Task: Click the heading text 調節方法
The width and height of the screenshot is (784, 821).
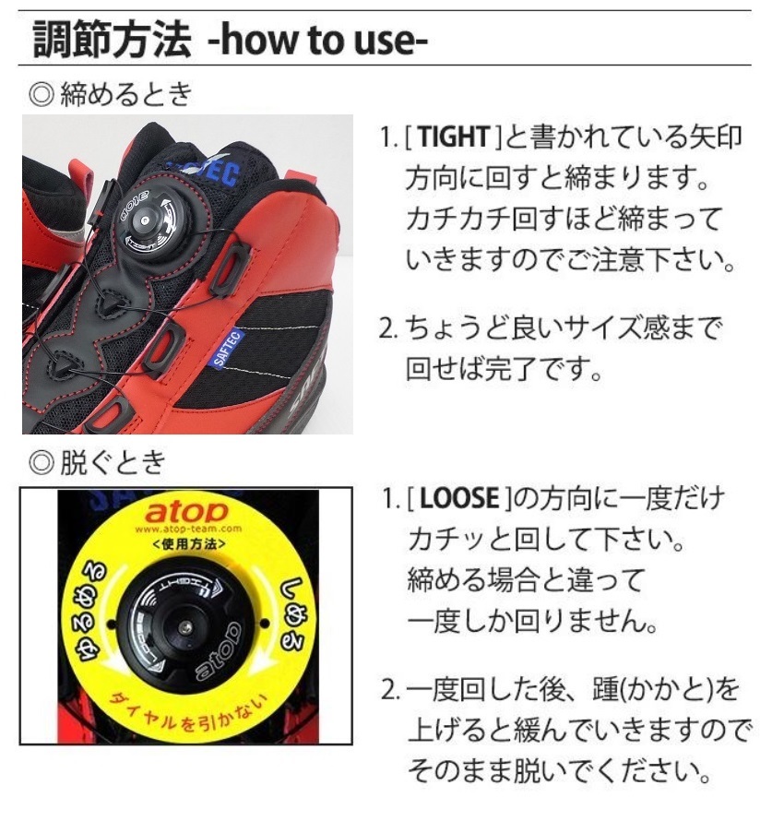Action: (112, 38)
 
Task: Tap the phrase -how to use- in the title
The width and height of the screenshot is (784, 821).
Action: (318, 39)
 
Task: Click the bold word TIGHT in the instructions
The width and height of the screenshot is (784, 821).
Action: (453, 139)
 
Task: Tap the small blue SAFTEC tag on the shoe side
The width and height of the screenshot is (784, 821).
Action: (228, 347)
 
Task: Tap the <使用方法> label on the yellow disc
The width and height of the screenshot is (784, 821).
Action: (187, 544)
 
